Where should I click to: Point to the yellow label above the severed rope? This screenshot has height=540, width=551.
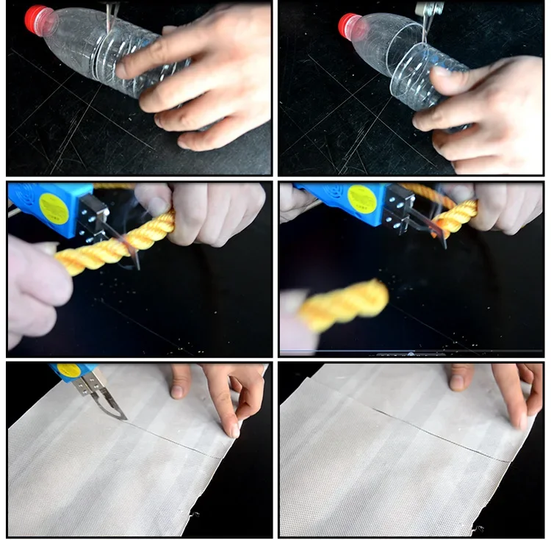click(361, 200)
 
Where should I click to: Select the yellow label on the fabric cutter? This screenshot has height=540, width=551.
click(68, 369)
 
